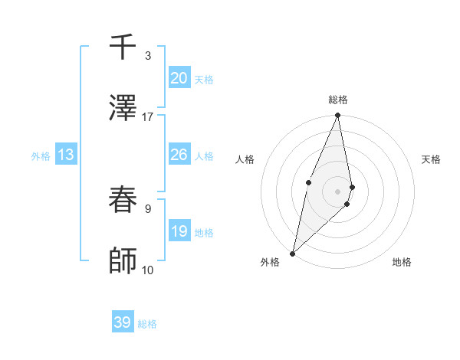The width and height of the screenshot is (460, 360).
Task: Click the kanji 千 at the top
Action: [123, 48]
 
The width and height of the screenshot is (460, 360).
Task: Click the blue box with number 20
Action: [179, 78]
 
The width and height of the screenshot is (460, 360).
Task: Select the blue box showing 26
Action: [179, 155]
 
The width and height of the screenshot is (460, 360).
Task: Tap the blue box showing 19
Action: [179, 231]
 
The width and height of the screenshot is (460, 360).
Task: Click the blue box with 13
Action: [66, 155]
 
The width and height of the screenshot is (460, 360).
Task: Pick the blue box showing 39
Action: [122, 322]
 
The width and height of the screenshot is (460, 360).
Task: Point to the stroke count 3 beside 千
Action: [147, 55]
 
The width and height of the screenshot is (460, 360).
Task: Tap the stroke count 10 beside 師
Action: [147, 270]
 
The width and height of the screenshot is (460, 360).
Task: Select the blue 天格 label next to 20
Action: [204, 80]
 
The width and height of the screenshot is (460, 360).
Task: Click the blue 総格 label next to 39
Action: [147, 324]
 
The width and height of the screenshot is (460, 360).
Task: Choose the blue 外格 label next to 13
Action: [41, 156]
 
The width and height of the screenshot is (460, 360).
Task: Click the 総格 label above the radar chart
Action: [338, 100]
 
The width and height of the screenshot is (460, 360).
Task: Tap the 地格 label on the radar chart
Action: [402, 262]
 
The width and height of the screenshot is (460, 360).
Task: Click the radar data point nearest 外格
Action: [292, 253]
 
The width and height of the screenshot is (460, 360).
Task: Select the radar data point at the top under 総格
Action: [337, 116]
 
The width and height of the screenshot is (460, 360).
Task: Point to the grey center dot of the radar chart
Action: [337, 190]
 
